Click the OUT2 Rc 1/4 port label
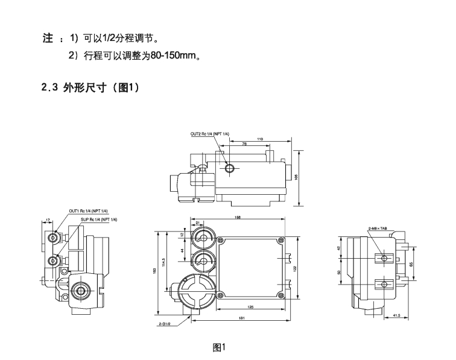(x=209, y=133)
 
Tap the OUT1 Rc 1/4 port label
(x=88, y=210)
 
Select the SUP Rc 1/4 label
(x=101, y=219)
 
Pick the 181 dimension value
(x=241, y=318)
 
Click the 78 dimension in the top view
(x=244, y=144)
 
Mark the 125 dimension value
(x=250, y=307)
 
